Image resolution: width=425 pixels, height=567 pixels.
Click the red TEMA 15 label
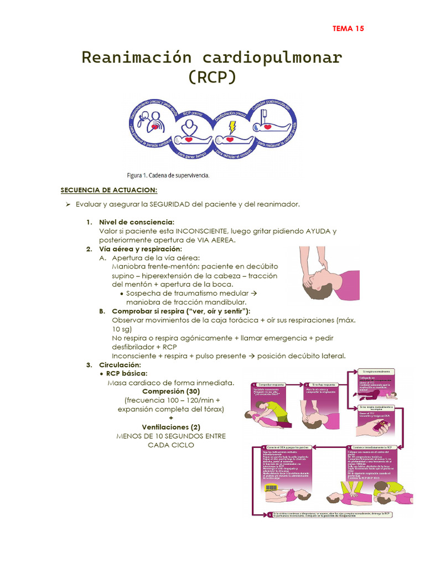click(x=348, y=29)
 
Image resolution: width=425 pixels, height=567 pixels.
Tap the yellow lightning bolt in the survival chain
click(x=232, y=126)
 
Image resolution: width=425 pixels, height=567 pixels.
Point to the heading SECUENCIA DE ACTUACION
click(x=109, y=190)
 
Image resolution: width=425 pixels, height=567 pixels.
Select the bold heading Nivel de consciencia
click(x=137, y=222)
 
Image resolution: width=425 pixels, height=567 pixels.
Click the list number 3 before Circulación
click(x=89, y=365)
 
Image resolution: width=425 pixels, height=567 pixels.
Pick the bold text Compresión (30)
click(x=171, y=391)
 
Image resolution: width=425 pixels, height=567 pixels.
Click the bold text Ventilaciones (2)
click(x=171, y=427)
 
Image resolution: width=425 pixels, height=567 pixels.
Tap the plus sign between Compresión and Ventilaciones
click(x=171, y=418)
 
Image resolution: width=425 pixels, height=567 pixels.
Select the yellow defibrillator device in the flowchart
click(x=271, y=487)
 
